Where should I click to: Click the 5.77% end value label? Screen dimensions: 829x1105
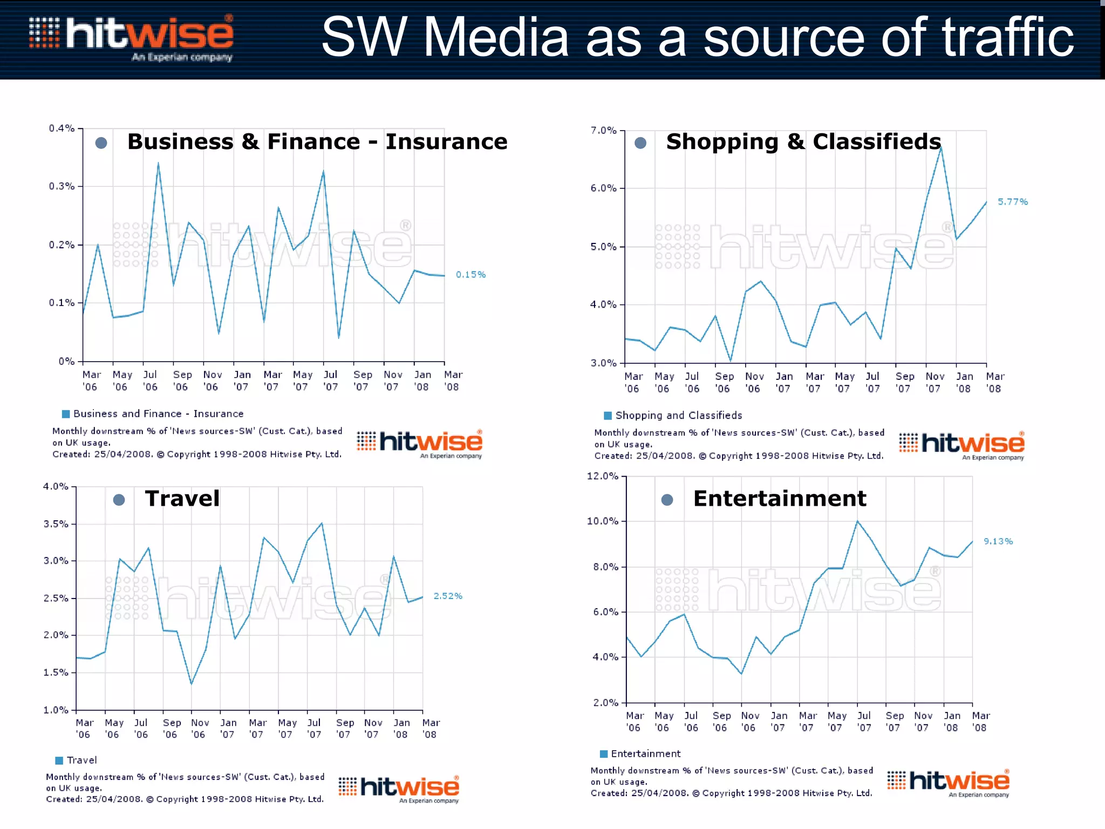tap(1012, 202)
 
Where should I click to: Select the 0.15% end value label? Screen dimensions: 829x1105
tap(470, 275)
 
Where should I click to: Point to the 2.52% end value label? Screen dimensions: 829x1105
tap(448, 596)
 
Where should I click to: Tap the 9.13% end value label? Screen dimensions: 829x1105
tap(998, 541)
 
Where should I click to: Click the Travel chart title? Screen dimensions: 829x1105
tap(182, 498)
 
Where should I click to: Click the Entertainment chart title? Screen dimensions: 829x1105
tap(780, 498)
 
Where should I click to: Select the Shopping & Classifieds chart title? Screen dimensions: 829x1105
tap(803, 141)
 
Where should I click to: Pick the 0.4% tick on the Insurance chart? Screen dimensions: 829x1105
tap(62, 128)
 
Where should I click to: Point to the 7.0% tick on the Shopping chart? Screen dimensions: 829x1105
tap(603, 131)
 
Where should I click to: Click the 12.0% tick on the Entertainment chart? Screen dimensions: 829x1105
tap(602, 476)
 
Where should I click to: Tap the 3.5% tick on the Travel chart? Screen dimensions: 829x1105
tap(56, 524)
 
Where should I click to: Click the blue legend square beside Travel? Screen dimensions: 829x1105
tap(59, 760)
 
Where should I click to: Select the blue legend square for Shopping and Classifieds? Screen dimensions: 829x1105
tap(608, 416)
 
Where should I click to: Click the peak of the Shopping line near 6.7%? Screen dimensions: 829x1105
tap(940, 147)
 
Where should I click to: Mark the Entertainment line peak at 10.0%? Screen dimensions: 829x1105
tap(857, 521)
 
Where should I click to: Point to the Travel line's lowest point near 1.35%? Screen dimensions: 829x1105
tap(191, 684)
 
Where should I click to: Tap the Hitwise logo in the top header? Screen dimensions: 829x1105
tap(132, 38)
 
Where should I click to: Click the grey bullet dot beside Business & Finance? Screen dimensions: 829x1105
tap(101, 143)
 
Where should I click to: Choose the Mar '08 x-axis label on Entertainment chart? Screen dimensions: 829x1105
tap(980, 722)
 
